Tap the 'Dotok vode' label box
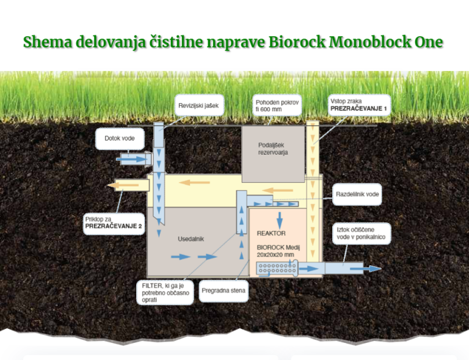click(120, 139)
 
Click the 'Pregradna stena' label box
click(224, 291)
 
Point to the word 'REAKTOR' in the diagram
click(271, 233)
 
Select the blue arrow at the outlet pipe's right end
click(369, 268)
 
